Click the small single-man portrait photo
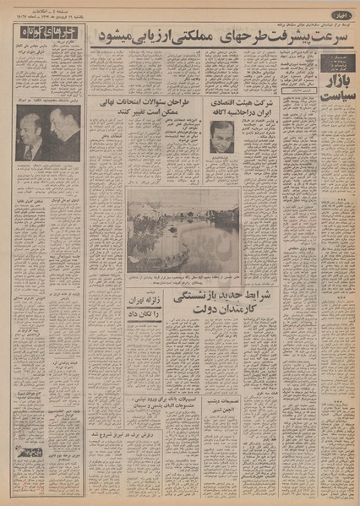pyautogui.click(x=221, y=136)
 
